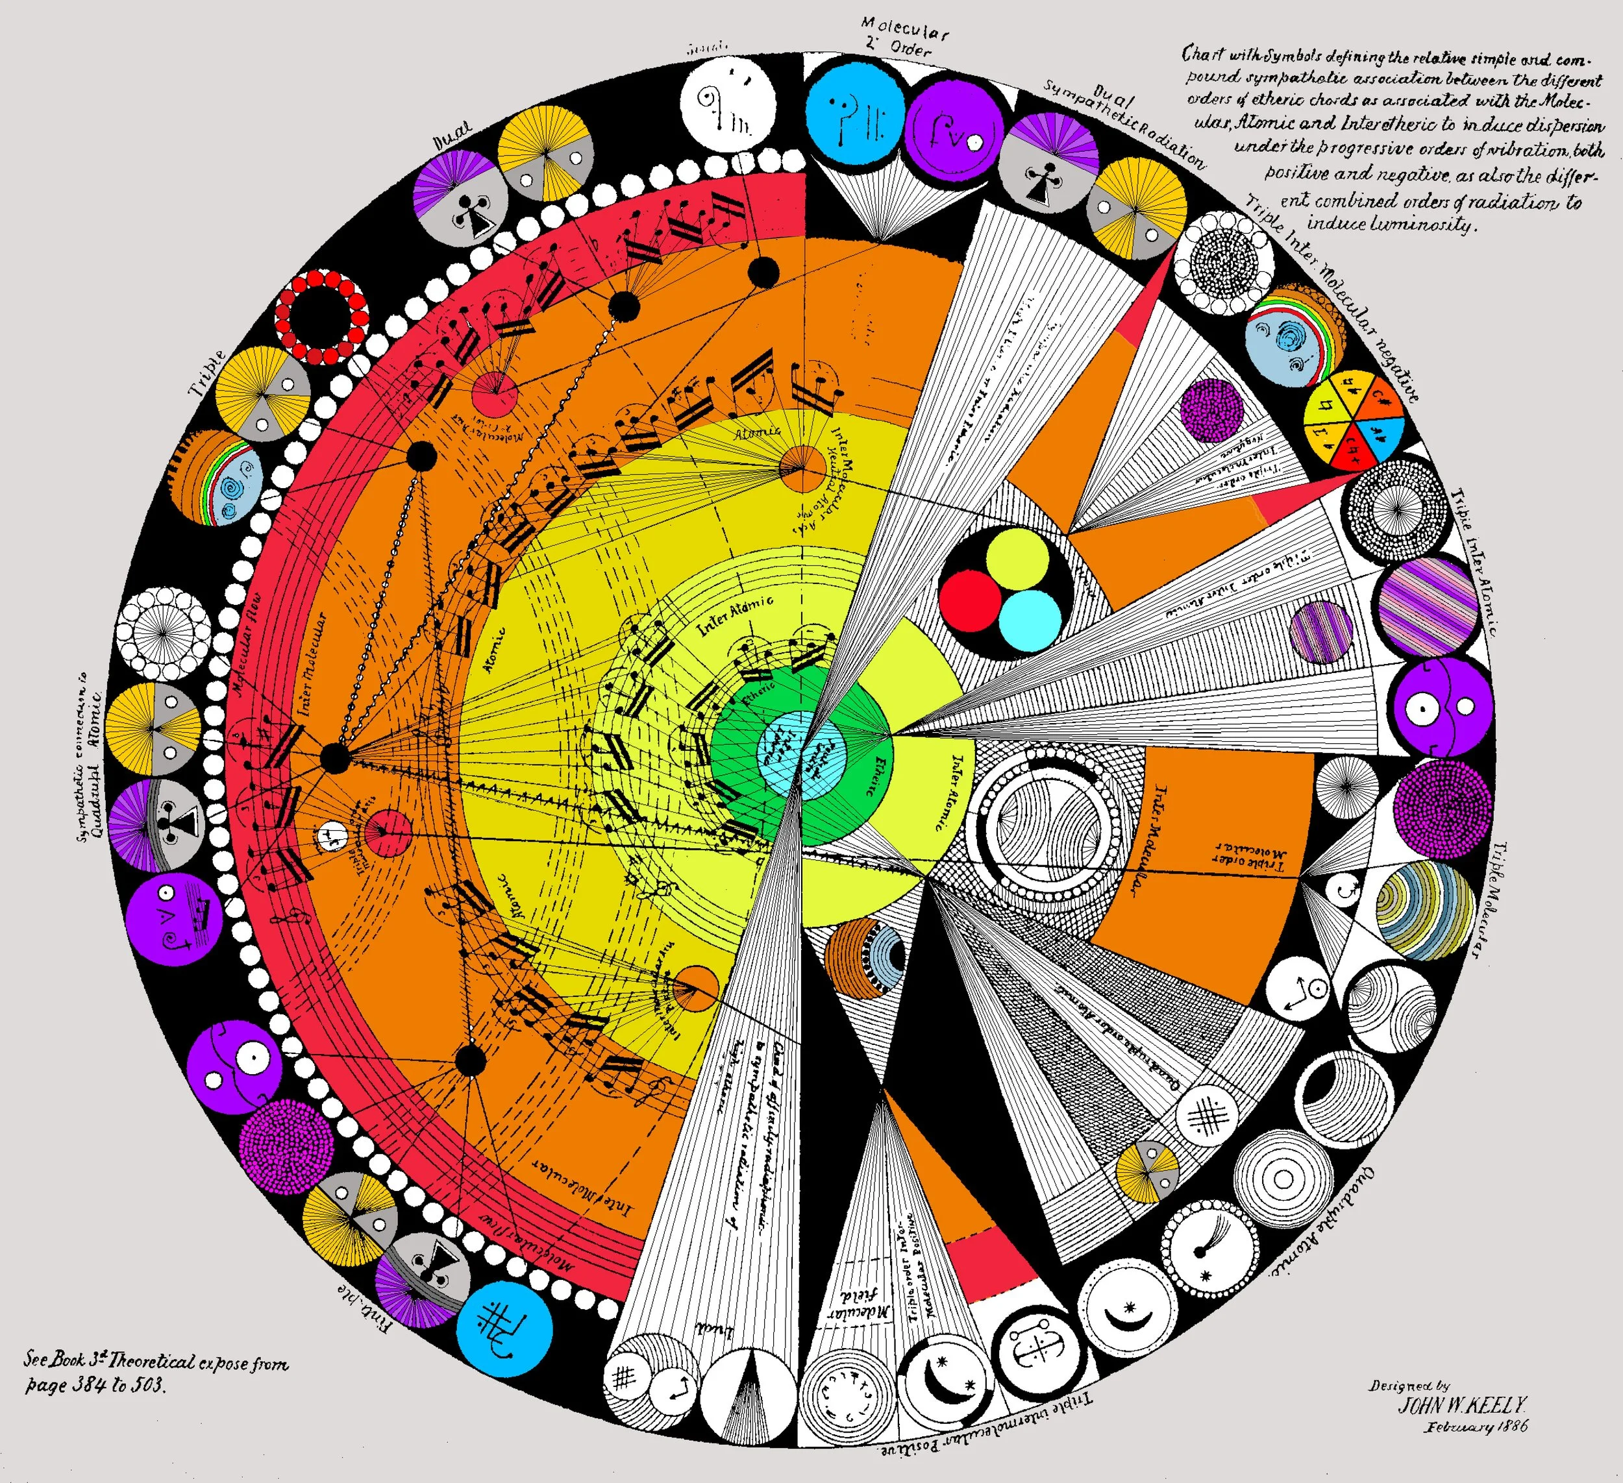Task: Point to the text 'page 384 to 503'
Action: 95,1385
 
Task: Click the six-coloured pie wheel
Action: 1354,419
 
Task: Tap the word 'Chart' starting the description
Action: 1202,54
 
